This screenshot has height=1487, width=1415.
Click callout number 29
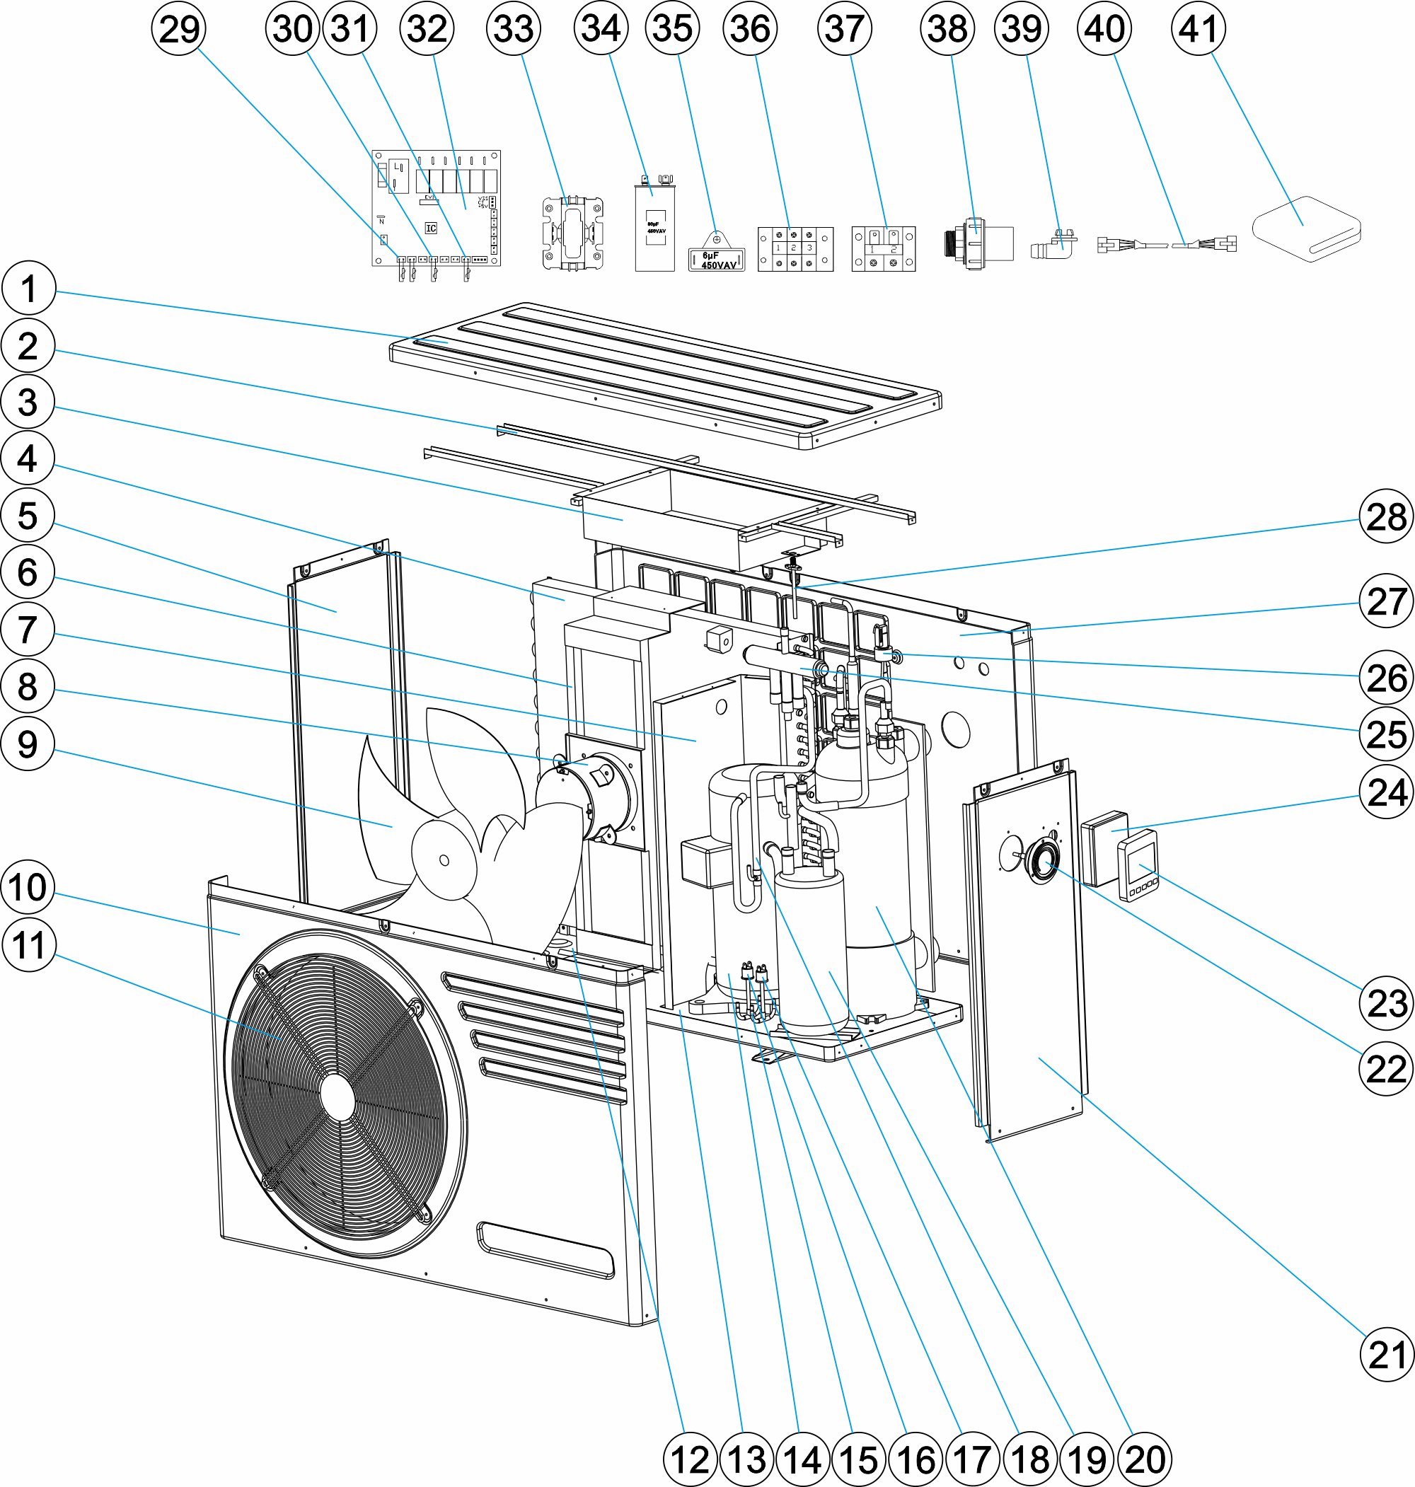point(179,30)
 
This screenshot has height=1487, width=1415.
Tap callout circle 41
point(1198,29)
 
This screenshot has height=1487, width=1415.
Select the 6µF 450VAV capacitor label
point(716,260)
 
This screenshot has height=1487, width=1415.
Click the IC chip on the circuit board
point(431,228)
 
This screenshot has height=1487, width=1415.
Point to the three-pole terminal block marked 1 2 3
point(795,248)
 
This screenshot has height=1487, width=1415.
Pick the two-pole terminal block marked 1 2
point(883,248)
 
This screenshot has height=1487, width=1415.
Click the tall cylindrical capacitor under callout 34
point(654,226)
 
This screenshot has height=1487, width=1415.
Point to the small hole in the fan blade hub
point(444,860)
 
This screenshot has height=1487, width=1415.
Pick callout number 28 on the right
point(1386,516)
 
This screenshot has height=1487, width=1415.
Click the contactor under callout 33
point(573,231)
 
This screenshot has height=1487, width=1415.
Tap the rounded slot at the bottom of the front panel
point(545,1249)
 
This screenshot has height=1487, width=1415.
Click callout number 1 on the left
point(29,288)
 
